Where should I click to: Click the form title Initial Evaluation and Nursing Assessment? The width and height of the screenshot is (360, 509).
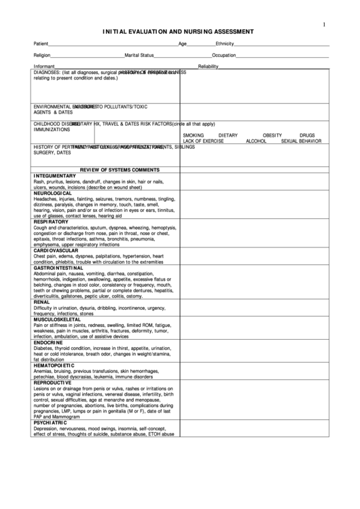(x=179, y=31)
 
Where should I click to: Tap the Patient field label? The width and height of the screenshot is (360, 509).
(x=41, y=43)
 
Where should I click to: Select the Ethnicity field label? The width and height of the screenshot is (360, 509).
(x=225, y=43)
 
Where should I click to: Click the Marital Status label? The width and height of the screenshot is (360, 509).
(x=139, y=54)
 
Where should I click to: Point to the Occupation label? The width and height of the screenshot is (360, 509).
(x=224, y=54)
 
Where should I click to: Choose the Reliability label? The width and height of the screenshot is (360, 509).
(x=209, y=66)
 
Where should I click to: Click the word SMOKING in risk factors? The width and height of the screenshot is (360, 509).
(x=194, y=135)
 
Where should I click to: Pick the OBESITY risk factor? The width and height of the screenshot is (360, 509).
(x=272, y=135)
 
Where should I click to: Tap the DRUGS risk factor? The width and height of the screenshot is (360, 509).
(x=307, y=135)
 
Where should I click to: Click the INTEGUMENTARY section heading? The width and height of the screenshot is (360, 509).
(x=55, y=175)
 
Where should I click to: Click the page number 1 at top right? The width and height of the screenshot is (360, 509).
(x=323, y=25)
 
